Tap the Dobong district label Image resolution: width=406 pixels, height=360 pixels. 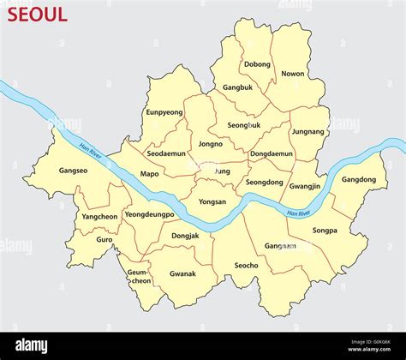tap(257, 64)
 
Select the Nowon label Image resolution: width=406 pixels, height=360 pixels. tap(292, 74)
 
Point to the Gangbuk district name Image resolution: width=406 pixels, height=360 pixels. tap(238, 87)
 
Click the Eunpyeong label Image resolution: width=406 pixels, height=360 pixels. tap(164, 112)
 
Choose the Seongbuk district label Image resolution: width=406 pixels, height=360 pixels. tap(244, 125)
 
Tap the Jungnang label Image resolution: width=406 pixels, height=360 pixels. tap(308, 132)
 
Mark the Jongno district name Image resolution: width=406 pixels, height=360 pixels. tap(211, 145)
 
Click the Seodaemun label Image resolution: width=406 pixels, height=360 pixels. tap(165, 154)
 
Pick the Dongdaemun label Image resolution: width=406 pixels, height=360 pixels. tap(272, 154)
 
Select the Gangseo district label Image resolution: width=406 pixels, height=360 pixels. tap(73, 171)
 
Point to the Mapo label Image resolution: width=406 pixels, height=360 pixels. tap(150, 174)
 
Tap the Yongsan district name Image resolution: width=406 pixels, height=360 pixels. tap(212, 202)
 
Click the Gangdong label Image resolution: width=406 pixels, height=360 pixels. tap(358, 180)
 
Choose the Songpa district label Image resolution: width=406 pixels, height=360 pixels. tap(325, 231)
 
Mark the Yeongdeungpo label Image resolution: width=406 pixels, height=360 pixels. tap(149, 214)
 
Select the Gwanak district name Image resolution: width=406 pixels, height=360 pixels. tap(182, 274)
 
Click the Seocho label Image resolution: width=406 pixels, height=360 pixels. tap(246, 266)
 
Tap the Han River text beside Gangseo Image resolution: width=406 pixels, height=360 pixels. tap(91, 151)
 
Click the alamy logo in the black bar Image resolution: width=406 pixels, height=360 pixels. tap(33, 345)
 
